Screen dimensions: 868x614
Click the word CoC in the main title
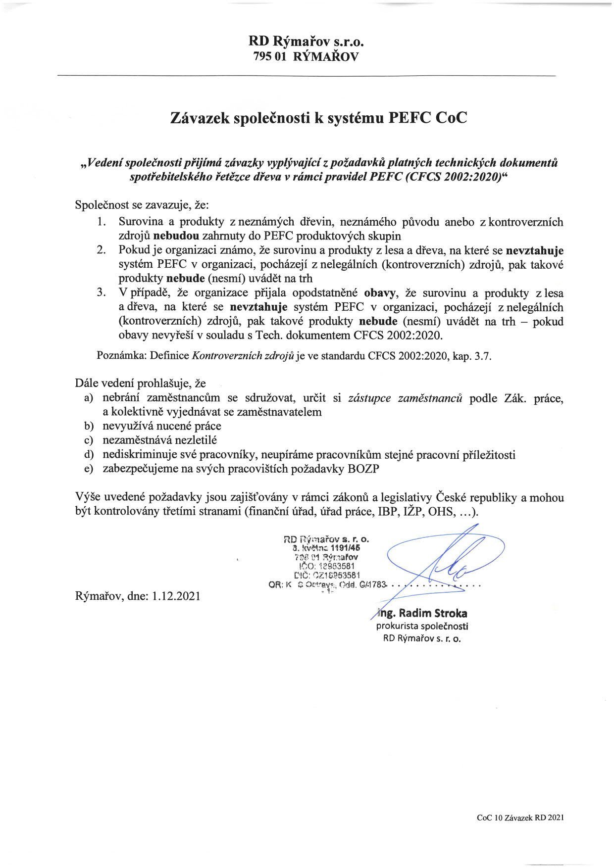450,118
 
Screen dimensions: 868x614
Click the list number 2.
102,250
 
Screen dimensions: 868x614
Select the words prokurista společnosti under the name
422,626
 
